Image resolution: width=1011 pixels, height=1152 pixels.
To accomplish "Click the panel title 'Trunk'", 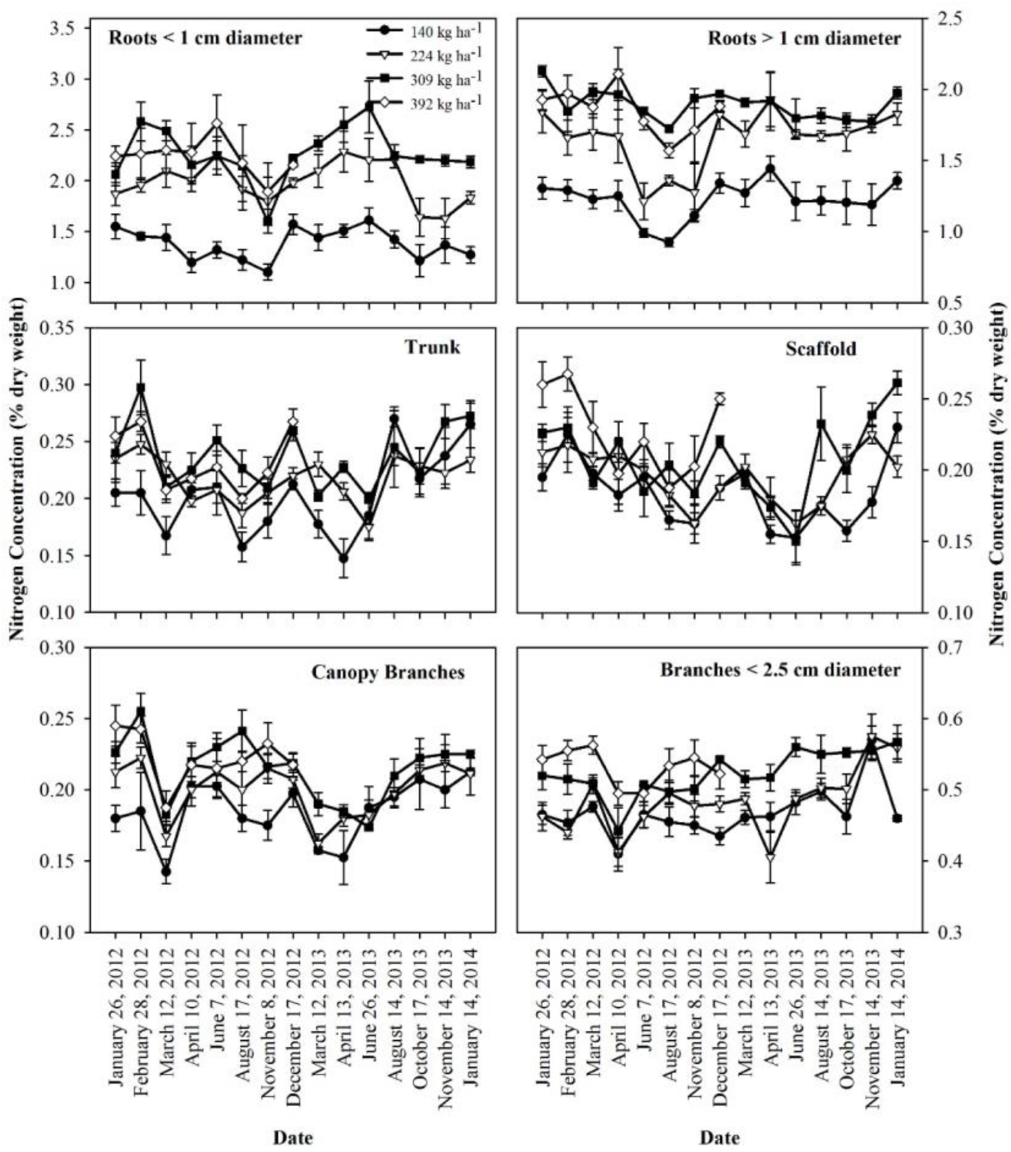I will tap(432, 347).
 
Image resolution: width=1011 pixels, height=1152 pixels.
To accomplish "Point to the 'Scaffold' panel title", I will tap(820, 348).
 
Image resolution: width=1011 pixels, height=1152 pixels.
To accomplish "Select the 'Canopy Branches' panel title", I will tap(388, 672).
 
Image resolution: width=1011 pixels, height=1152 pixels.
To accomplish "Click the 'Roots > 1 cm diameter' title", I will tap(803, 38).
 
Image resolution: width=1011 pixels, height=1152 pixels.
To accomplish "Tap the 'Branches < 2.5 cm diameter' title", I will tap(780, 670).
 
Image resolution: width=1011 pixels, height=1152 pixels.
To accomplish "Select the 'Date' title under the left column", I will tap(293, 1138).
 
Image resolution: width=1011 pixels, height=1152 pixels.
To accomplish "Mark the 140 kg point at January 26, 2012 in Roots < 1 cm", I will tap(115, 226).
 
